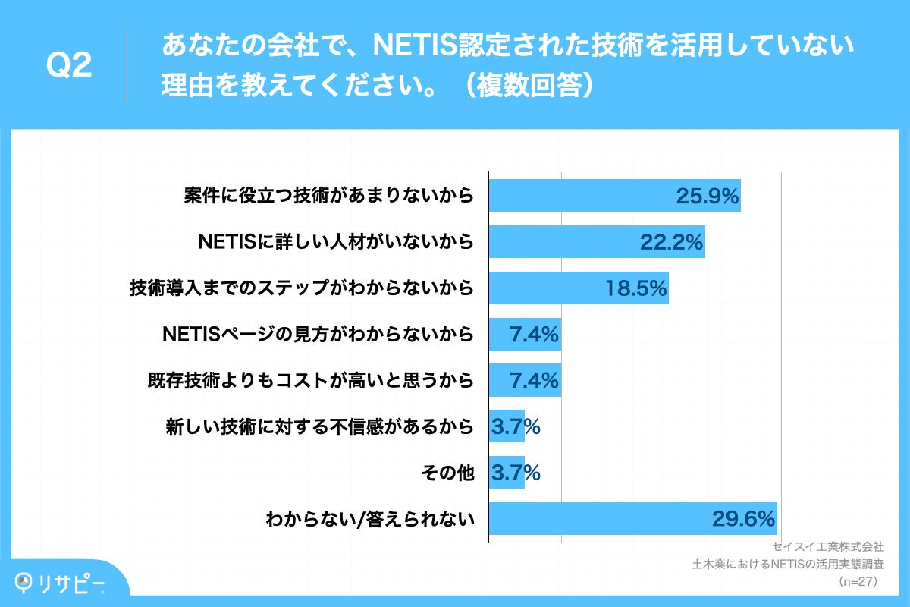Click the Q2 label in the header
[x=69, y=66]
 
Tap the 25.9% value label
[x=707, y=197]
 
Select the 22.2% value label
[x=672, y=243]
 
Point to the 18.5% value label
[x=635, y=288]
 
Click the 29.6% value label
[x=743, y=519]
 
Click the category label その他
[x=447, y=473]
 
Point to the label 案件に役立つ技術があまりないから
[x=328, y=197]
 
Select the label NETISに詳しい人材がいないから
[x=336, y=243]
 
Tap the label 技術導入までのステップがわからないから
[x=301, y=288]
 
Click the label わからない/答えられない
[x=369, y=520]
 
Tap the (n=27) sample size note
[x=858, y=582]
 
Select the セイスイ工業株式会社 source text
[x=827, y=546]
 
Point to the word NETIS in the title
[x=415, y=47]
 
